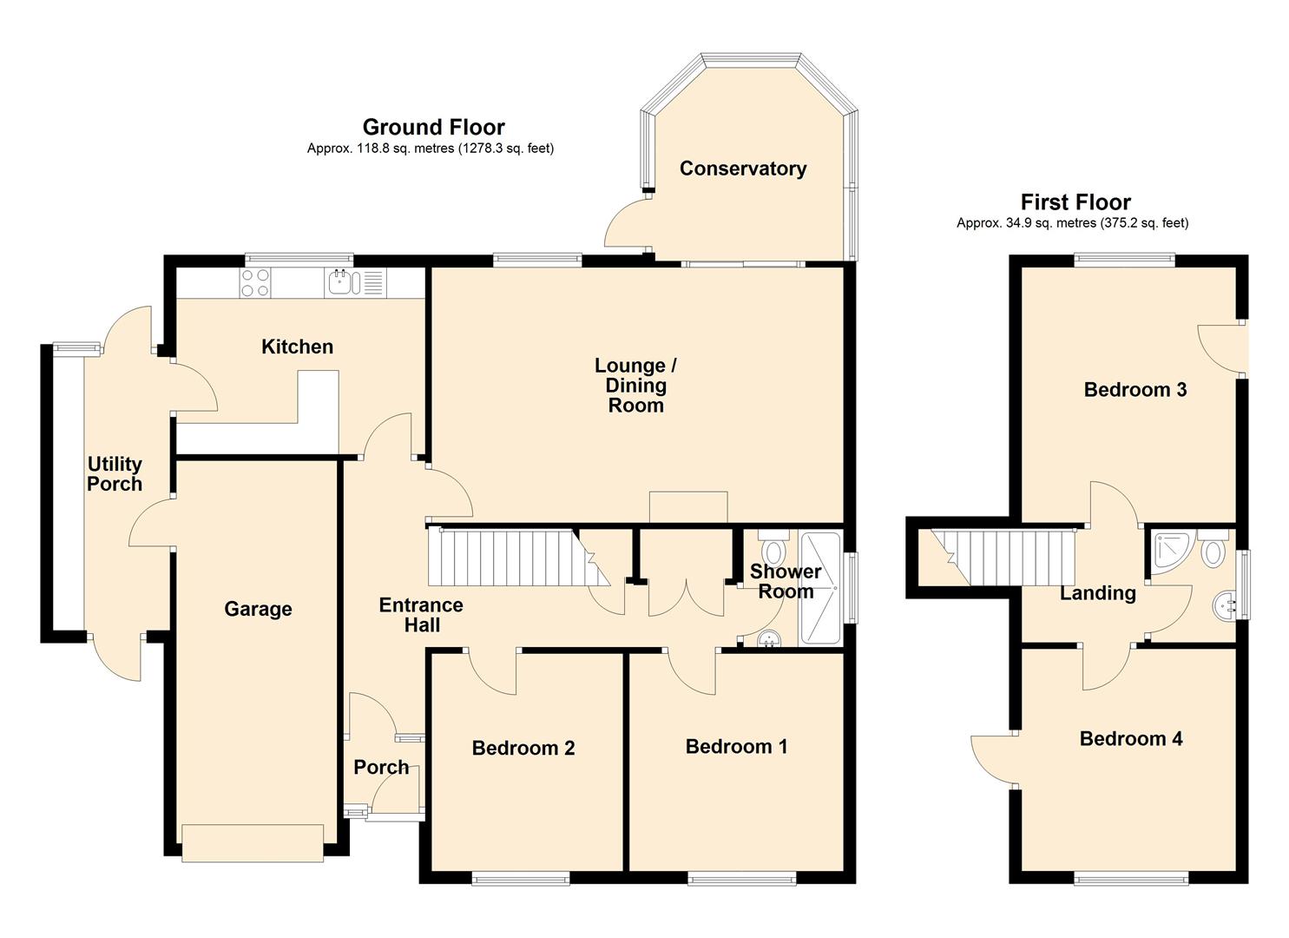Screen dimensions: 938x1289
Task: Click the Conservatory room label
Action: pos(742,168)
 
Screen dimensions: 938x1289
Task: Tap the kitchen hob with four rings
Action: pos(255,282)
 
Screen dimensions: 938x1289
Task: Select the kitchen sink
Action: pos(341,282)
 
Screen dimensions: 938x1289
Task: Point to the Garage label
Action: pos(258,609)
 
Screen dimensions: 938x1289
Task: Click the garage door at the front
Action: pos(252,842)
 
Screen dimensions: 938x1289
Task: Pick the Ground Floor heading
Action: pos(433,128)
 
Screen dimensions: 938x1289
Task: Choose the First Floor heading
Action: pos(1075,202)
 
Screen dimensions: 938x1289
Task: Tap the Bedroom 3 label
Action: pos(1134,389)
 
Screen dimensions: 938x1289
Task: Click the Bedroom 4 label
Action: pos(1130,738)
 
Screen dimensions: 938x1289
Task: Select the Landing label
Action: pos(1097,593)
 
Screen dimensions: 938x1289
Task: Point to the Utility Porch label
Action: pos(115,474)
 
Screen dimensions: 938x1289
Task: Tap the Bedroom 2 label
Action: pos(523,748)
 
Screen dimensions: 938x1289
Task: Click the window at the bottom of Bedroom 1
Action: pos(742,880)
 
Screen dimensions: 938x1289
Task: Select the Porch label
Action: pos(381,767)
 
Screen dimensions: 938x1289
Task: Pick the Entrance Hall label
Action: pos(421,615)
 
